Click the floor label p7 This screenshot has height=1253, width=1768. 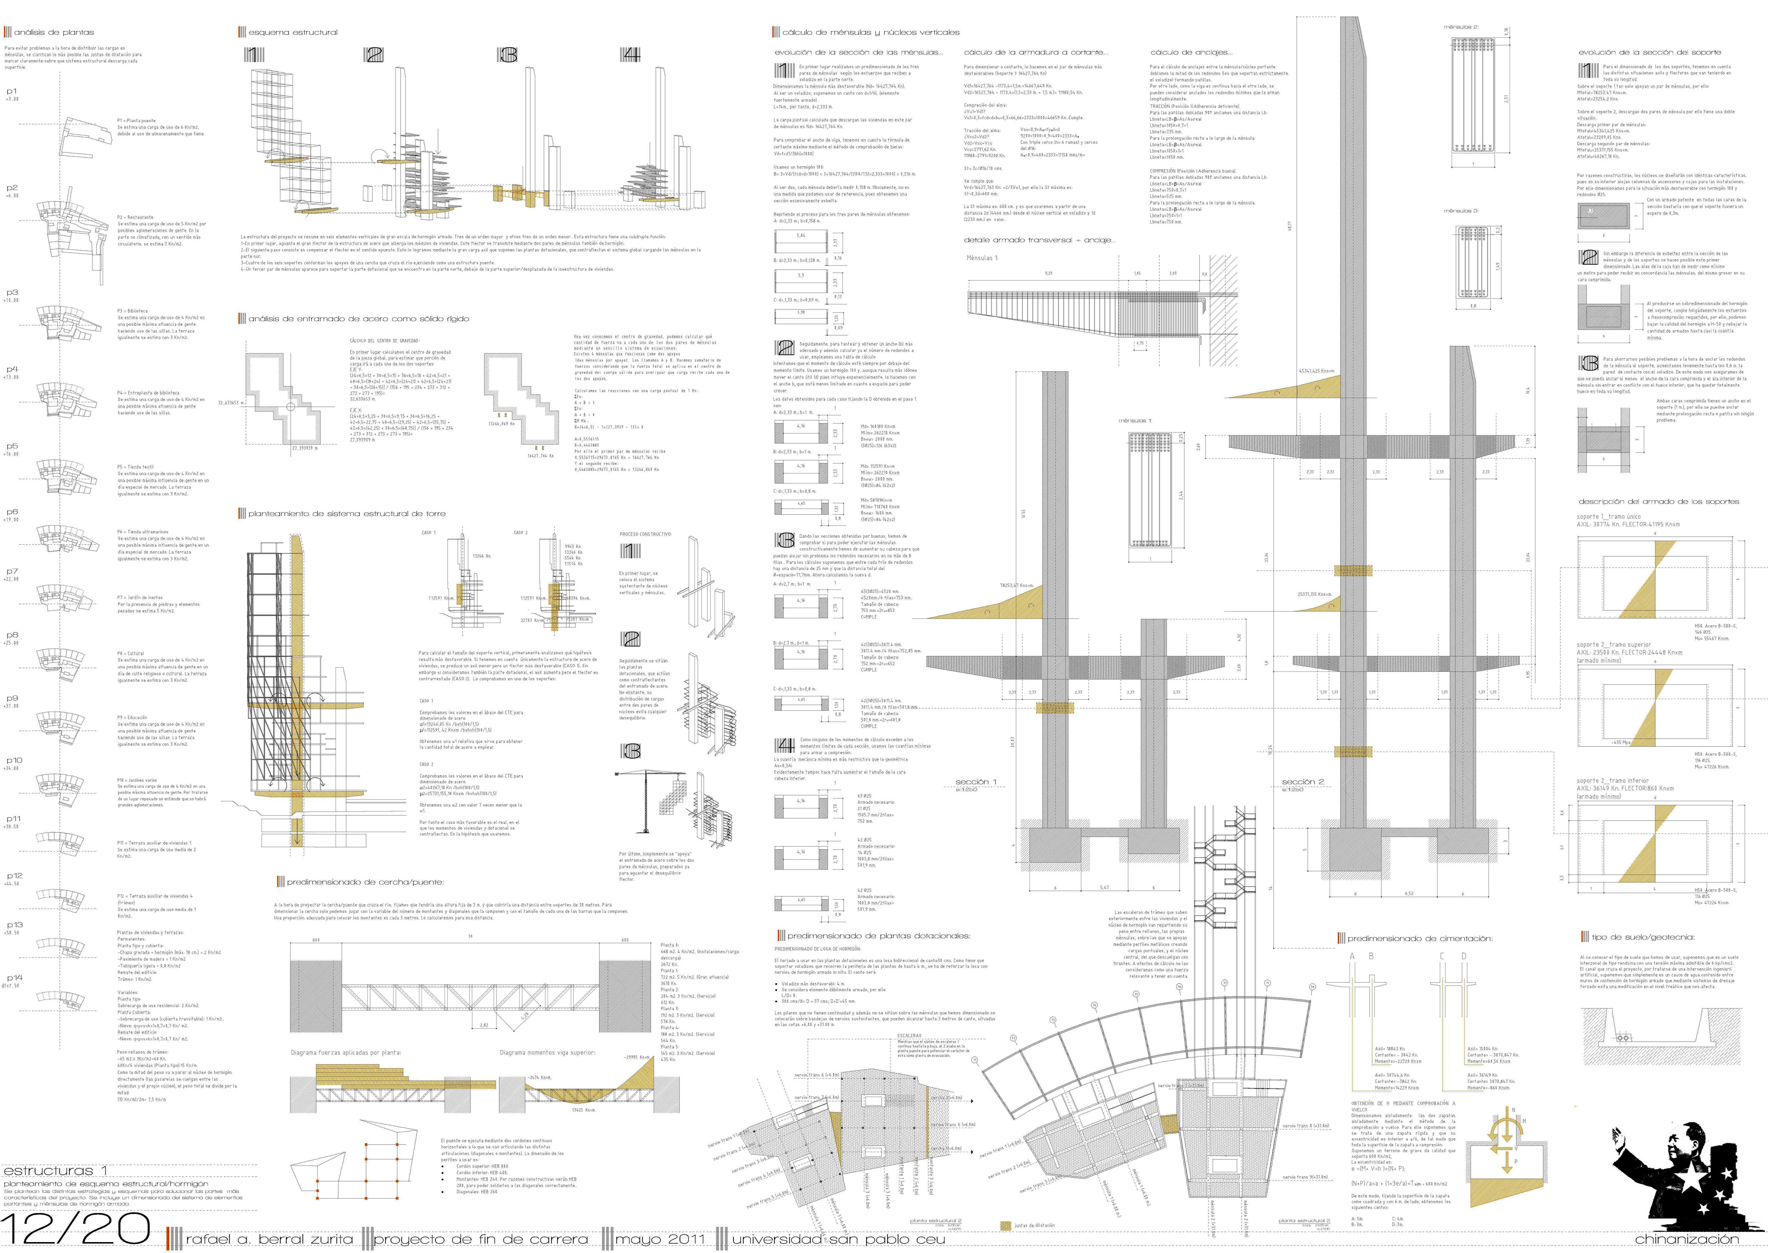[x=12, y=572]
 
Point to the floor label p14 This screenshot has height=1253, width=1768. [x=15, y=977]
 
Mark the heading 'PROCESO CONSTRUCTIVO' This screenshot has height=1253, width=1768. [x=645, y=534]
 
